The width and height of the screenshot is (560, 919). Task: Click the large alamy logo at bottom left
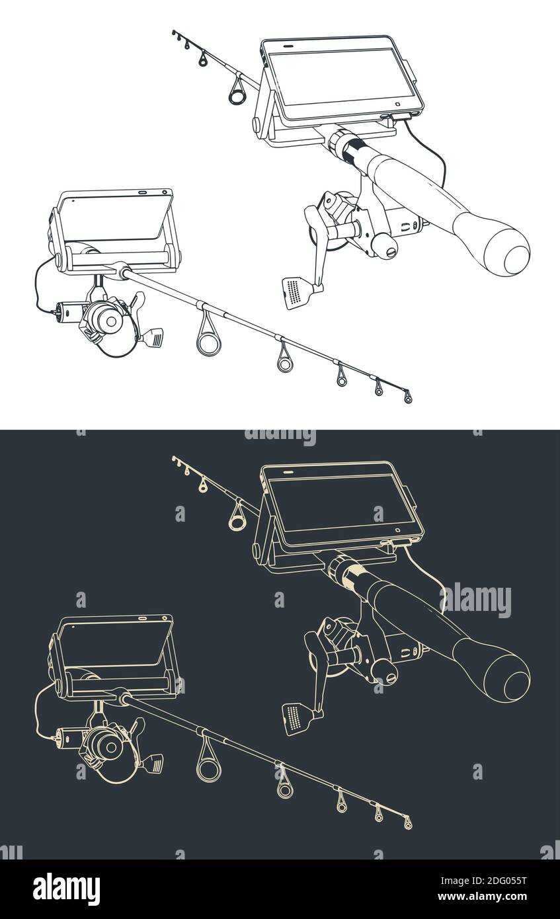[66, 889]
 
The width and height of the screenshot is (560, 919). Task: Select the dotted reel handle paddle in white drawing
[294, 292]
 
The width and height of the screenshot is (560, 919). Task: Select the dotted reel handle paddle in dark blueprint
[294, 718]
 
